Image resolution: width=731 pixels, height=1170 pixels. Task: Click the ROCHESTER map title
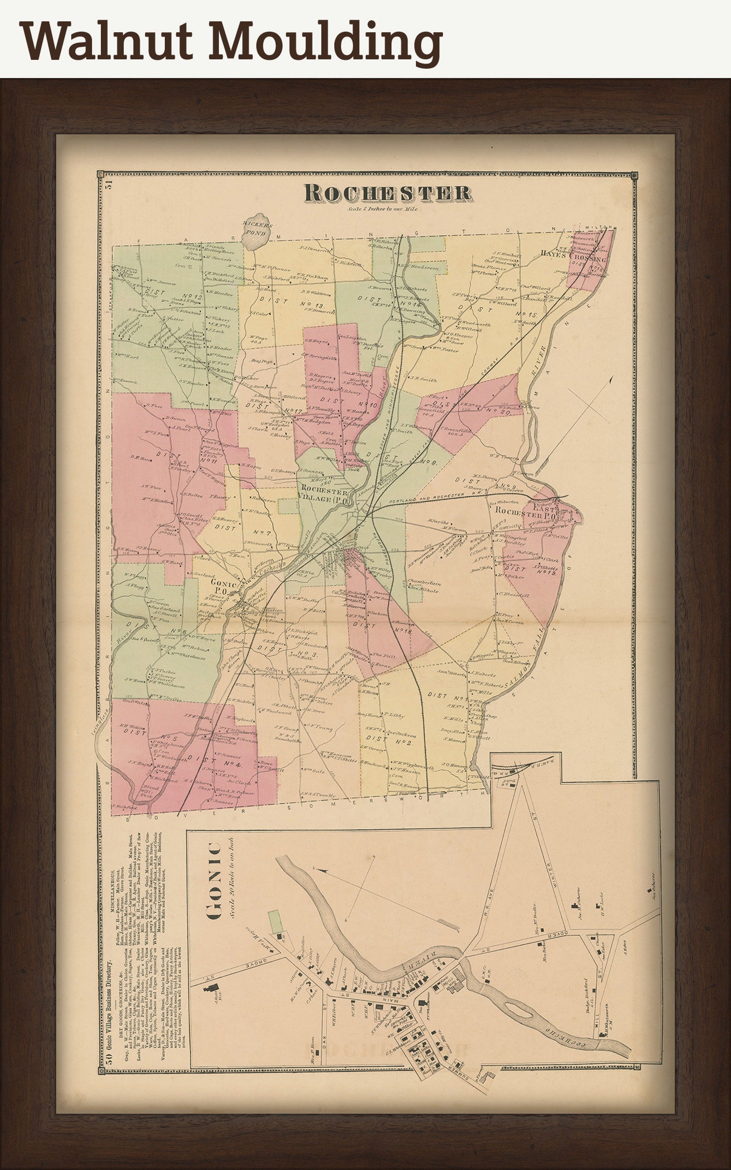[388, 193]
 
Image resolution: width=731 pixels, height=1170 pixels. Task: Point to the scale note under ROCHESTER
[382, 209]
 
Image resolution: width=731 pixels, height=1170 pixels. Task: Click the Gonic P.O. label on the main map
[223, 588]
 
